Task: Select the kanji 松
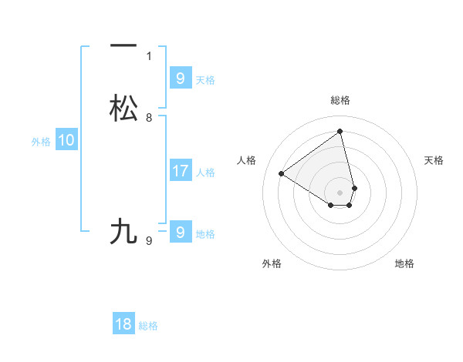[123, 108]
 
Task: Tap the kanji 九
[123, 231]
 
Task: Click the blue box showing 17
[181, 170]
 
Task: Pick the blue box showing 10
[66, 140]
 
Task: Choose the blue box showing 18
[123, 324]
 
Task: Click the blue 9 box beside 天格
[181, 78]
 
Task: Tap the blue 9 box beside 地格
[181, 232]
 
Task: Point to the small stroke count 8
[149, 118]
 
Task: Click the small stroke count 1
[149, 56]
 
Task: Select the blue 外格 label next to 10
[41, 142]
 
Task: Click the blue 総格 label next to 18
[148, 326]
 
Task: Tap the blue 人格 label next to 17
[206, 173]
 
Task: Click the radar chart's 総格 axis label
[340, 100]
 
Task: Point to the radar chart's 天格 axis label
[434, 160]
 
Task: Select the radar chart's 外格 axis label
[272, 263]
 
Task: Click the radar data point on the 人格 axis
[281, 173]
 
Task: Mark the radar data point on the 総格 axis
[340, 130]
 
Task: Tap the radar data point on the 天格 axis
[354, 188]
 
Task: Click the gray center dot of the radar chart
[340, 193]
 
